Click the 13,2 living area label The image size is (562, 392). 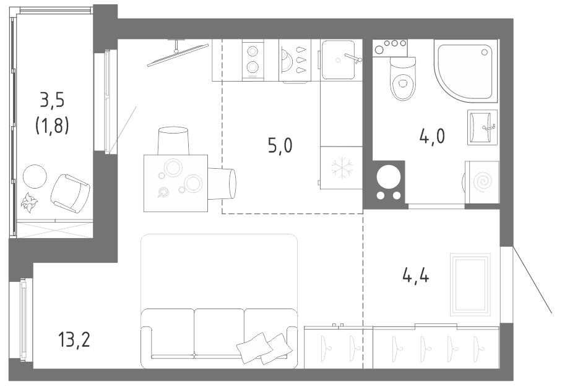point(74,339)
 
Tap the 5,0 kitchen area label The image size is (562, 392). point(280,145)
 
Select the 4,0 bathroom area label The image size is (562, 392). point(432,136)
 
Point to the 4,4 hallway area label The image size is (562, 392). point(416,275)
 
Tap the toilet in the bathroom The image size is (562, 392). point(403,79)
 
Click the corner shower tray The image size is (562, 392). point(465,72)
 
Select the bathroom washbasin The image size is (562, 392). point(482,127)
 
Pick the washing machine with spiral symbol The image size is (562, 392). point(482,182)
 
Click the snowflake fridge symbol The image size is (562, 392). point(342,167)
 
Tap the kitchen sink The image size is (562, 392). point(339,60)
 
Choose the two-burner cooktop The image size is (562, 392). point(253,60)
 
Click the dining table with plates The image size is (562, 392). point(176,183)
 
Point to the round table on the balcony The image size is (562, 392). point(35,176)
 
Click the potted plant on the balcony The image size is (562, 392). point(28,203)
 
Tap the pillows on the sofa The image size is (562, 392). point(264,348)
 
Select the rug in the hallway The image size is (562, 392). point(470,284)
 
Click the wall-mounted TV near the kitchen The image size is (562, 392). point(178,54)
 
